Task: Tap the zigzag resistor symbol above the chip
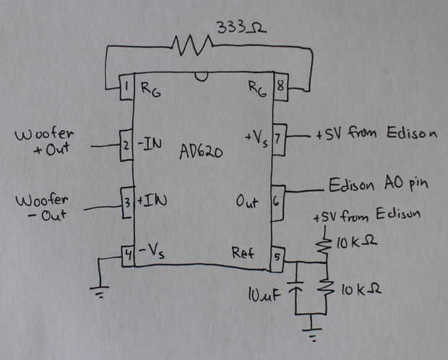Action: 194,48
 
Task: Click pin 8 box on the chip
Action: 280,89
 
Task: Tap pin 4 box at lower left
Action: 128,254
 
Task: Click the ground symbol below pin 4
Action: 102,292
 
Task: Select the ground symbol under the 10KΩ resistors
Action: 311,334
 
